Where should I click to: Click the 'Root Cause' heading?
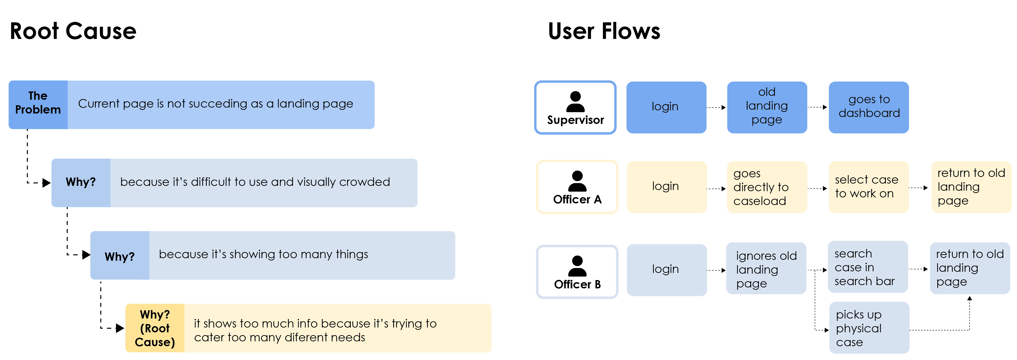click(x=73, y=31)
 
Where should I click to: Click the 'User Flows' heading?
click(x=604, y=31)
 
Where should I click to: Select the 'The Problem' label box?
click(x=38, y=105)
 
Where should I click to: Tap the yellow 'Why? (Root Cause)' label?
click(x=155, y=328)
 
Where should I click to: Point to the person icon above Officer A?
click(x=577, y=181)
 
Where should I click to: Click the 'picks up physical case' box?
click(x=869, y=328)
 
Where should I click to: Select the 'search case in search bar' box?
click(x=868, y=267)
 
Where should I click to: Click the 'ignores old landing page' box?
click(x=766, y=268)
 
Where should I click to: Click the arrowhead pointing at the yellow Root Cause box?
click(x=120, y=328)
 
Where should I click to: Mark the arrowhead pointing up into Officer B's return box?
click(x=969, y=299)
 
